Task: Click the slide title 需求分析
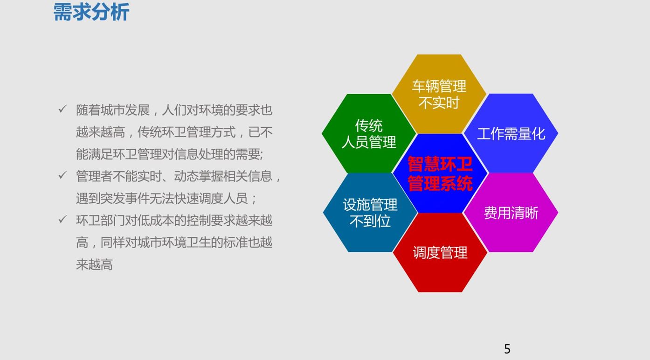(91, 12)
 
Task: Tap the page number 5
(507, 349)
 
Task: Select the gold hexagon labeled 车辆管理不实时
(439, 94)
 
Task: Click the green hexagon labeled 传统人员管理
(369, 133)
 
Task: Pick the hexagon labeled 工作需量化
(511, 133)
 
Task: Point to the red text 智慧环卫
(440, 164)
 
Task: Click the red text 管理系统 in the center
(440, 183)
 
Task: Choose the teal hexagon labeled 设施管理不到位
(370, 213)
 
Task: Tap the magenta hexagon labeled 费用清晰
(511, 213)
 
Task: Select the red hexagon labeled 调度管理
(440, 252)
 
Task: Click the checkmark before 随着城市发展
(62, 109)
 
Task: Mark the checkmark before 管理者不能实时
(62, 175)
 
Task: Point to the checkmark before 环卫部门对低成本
(62, 219)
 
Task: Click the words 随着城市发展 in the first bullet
(113, 110)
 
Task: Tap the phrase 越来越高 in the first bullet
(100, 132)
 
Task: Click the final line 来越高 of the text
(94, 264)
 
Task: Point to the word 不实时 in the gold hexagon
(439, 103)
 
